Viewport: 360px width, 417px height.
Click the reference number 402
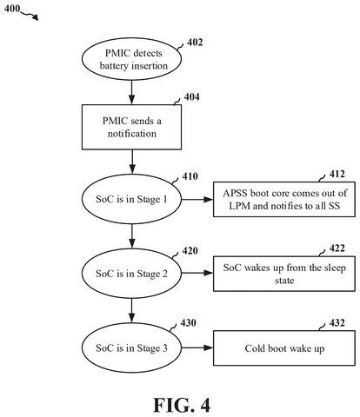tap(195, 43)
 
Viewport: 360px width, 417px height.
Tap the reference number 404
tap(191, 96)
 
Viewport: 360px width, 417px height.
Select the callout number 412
tap(337, 174)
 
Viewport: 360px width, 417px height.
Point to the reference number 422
tap(337, 248)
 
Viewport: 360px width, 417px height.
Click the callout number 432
tap(337, 322)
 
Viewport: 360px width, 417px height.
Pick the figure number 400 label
tap(12, 9)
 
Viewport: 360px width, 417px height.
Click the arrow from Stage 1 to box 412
tap(197, 199)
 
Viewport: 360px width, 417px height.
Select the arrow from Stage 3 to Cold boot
tap(197, 347)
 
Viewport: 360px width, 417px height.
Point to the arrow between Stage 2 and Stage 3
tap(132, 311)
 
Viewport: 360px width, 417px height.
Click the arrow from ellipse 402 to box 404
tap(132, 92)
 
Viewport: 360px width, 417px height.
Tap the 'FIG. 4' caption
tap(182, 405)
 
